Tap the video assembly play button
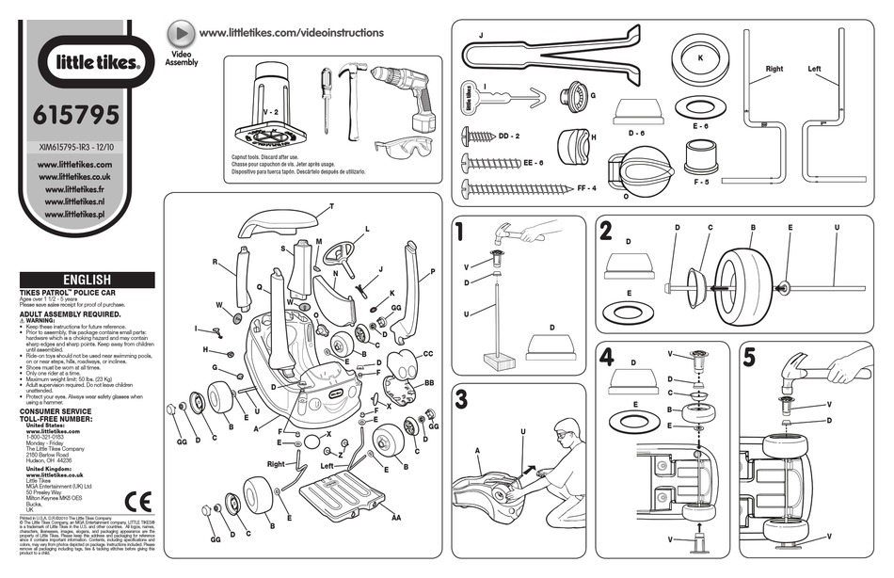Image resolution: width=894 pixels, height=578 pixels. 181,33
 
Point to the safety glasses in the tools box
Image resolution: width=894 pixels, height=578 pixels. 399,145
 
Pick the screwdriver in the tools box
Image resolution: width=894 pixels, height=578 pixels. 326,100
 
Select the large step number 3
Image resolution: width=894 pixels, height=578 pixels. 460,397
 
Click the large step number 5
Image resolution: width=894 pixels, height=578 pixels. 749,357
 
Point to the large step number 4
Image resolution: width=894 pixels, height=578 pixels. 607,357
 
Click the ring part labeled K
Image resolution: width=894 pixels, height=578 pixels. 699,58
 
